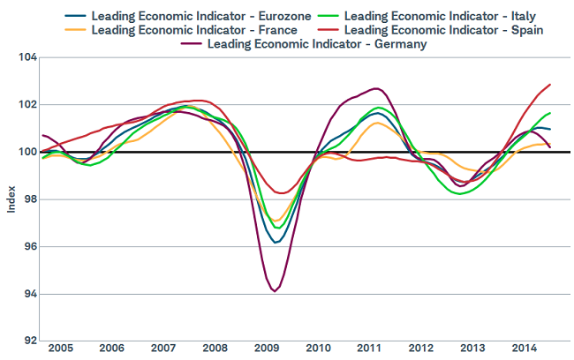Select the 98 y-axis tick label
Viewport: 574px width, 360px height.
[x=27, y=199]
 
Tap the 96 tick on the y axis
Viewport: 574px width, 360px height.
[x=27, y=246]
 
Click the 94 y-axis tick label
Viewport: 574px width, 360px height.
[x=27, y=294]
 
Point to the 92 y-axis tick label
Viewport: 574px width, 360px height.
[x=27, y=341]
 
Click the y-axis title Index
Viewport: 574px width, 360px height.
[x=11, y=199]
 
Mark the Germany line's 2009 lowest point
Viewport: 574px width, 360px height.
[x=275, y=290]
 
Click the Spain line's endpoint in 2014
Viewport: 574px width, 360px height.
[x=550, y=85]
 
